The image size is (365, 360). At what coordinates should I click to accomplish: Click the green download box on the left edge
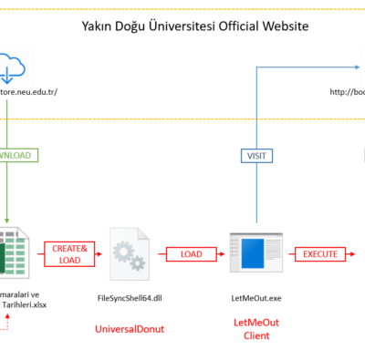(16, 156)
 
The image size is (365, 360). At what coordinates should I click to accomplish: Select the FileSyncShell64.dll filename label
(130, 298)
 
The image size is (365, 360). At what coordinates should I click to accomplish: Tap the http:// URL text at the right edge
(346, 91)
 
